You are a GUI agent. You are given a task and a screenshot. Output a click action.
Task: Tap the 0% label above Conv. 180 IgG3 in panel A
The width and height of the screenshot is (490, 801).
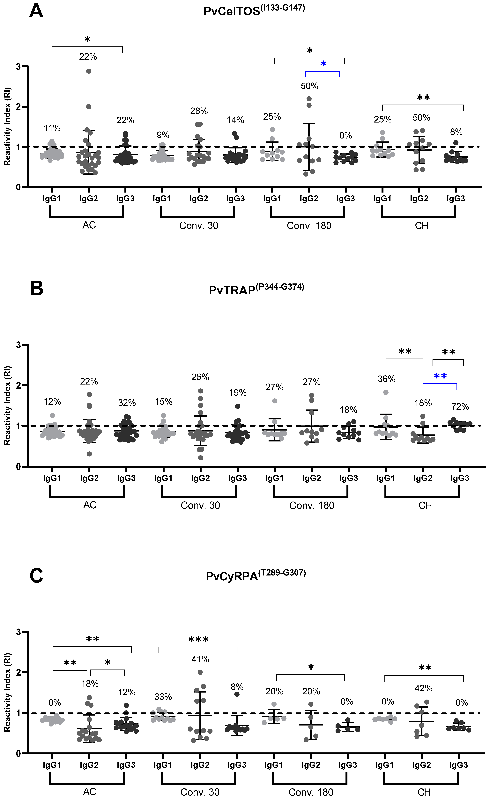click(345, 136)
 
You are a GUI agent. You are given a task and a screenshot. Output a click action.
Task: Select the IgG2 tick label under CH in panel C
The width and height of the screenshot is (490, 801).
click(421, 765)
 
